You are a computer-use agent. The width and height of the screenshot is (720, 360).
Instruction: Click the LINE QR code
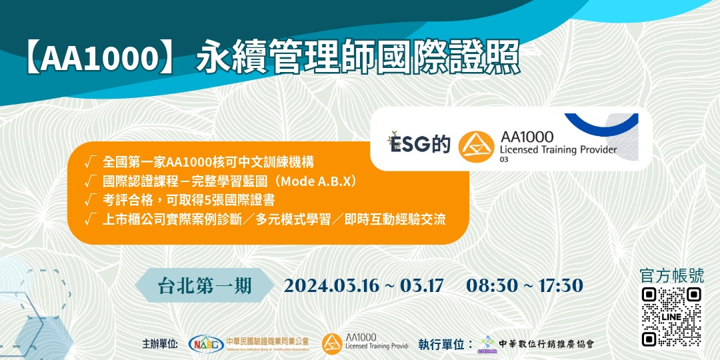click(671, 317)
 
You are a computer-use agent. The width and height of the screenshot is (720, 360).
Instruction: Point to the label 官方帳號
click(671, 276)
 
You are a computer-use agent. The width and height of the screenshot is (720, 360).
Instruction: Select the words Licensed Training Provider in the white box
click(558, 150)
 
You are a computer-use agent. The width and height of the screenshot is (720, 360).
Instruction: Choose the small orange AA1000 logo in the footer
click(332, 343)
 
